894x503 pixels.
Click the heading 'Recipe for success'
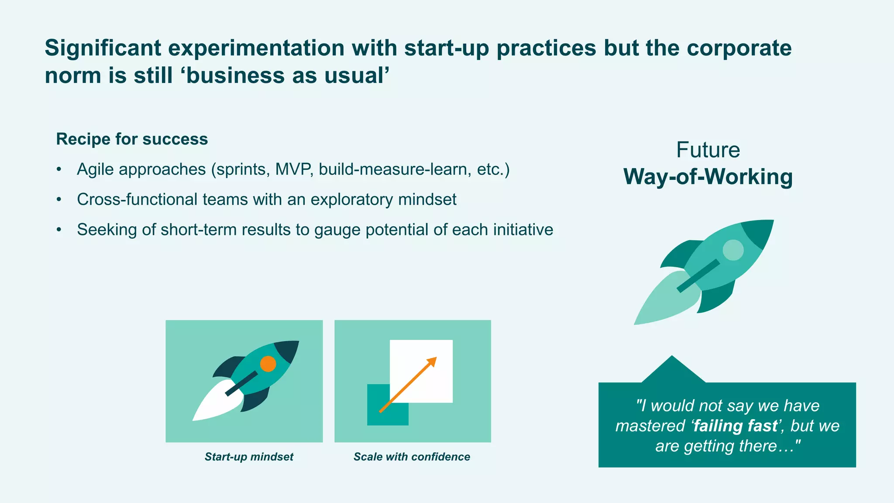click(x=132, y=139)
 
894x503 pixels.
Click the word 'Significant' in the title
click(x=103, y=48)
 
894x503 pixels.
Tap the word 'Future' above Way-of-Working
click(x=708, y=150)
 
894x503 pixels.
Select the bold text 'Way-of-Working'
click(x=708, y=177)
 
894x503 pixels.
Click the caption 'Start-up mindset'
click(x=249, y=457)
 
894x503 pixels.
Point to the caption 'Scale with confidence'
click(x=412, y=457)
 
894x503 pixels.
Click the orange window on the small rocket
click(x=268, y=364)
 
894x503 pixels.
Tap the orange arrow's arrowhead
click(x=432, y=361)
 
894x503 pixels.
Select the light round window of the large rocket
click(x=733, y=250)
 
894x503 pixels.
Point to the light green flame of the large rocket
click(x=664, y=301)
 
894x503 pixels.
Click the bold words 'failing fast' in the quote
click(x=736, y=426)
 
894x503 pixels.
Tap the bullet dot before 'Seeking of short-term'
click(x=59, y=230)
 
